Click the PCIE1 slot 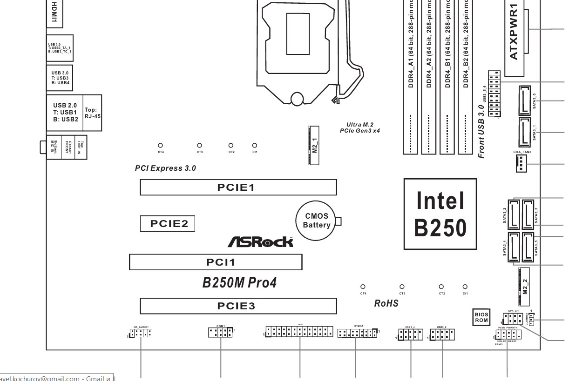[238, 187]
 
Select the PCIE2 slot [169, 224]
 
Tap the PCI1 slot [216, 262]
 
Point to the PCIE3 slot [238, 306]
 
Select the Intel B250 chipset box [440, 214]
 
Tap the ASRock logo [260, 241]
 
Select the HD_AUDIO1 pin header [141, 333]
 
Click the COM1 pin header [220, 332]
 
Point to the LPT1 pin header [300, 332]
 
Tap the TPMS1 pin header [357, 333]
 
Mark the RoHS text [387, 303]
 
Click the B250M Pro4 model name [239, 282]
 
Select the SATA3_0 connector [524, 100]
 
